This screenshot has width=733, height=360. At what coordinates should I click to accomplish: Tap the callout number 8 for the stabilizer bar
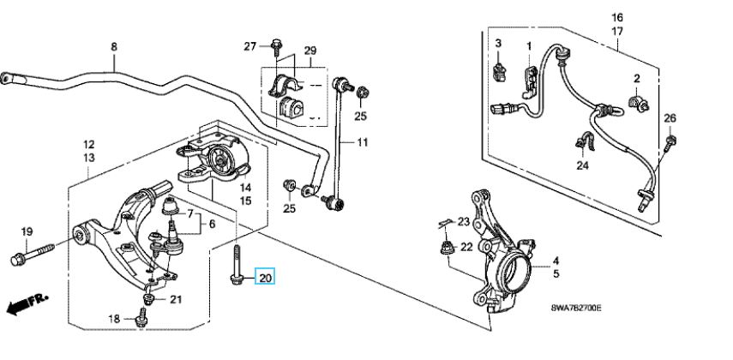point(114,47)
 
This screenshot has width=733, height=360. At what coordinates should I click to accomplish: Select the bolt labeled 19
point(33,252)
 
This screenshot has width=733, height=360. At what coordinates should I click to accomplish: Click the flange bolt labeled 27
point(276,47)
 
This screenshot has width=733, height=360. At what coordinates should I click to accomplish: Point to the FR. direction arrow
point(27,304)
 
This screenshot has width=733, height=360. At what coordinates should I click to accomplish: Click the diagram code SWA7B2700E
point(576,308)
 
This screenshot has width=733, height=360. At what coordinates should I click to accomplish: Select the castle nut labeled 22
point(448,248)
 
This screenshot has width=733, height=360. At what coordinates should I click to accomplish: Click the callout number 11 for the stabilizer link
point(363,141)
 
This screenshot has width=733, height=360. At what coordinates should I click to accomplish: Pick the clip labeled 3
point(499,70)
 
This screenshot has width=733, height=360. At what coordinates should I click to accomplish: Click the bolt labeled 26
point(670,142)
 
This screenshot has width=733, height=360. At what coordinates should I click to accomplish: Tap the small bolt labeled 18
point(140,319)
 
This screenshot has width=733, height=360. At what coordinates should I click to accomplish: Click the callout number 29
point(310,51)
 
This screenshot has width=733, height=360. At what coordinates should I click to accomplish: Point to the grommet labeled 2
point(638,104)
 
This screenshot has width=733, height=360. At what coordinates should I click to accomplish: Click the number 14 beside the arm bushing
point(246,188)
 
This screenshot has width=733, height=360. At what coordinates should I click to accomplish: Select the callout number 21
point(176,300)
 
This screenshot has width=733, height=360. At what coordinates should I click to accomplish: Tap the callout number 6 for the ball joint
point(212,225)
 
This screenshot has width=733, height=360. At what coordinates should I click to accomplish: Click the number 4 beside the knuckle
point(556,261)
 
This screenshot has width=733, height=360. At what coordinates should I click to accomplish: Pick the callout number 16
point(617,18)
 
